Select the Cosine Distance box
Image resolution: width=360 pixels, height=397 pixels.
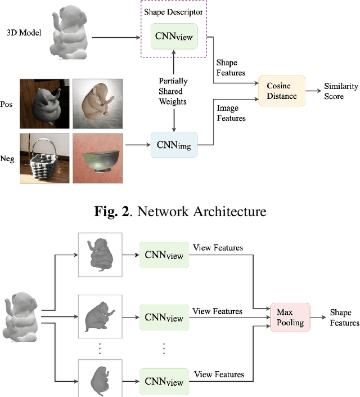point(281,90)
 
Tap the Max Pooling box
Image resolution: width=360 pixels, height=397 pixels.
point(290,318)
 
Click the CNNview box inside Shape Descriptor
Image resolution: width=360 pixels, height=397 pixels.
point(173,37)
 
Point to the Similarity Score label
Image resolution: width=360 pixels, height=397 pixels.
point(341,91)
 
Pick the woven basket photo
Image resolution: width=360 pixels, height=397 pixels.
point(45,158)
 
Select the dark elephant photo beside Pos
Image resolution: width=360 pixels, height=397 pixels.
point(45,104)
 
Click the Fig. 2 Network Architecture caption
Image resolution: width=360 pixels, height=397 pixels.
point(179,212)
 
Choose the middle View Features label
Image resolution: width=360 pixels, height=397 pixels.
point(217,311)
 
